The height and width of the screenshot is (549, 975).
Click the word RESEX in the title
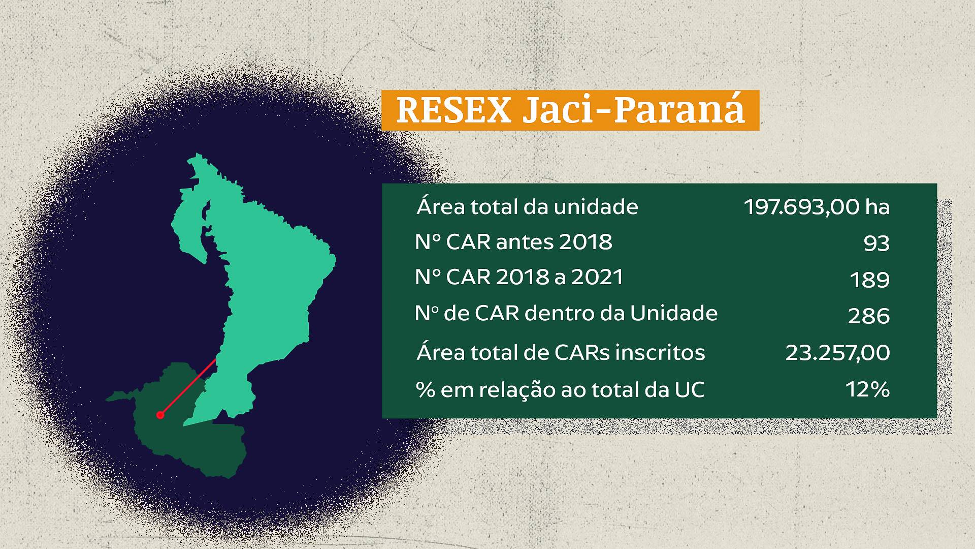point(453,110)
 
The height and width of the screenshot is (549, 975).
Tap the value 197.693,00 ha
point(817,207)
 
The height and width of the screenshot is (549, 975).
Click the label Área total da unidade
point(527,206)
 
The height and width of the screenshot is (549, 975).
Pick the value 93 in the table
point(876,244)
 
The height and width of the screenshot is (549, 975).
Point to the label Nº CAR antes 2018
point(513,242)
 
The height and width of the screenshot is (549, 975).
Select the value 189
point(869,280)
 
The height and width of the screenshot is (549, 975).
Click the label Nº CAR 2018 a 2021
point(519,277)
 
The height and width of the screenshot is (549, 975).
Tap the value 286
point(869,316)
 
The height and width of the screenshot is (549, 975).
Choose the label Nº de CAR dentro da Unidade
point(566,313)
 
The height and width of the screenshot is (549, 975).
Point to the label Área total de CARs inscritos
point(561,352)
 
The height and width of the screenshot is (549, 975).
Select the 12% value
point(867,389)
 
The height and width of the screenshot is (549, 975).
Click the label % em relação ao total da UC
point(560,390)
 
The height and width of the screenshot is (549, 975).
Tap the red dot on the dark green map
point(160,415)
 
